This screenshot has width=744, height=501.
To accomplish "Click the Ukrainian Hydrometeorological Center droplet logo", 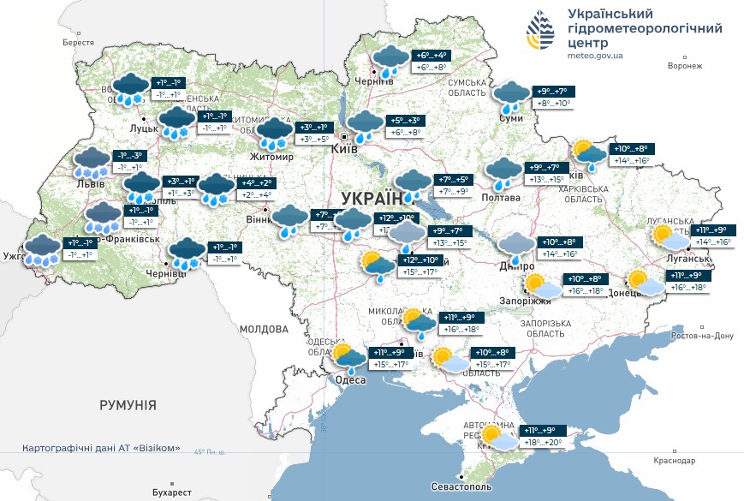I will (542, 33).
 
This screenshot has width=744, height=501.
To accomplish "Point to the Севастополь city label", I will (461, 486).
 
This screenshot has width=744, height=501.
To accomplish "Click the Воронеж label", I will (684, 65).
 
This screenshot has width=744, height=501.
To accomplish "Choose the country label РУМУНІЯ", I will (128, 404).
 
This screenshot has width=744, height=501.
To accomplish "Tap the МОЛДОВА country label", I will (265, 329).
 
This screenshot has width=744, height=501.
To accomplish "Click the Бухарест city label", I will (170, 492).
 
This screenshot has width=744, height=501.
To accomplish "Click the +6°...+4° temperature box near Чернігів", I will (432, 55).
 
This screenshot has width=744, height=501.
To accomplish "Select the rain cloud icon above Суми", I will (513, 97).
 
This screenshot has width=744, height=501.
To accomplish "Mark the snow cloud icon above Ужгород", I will (41, 248).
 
